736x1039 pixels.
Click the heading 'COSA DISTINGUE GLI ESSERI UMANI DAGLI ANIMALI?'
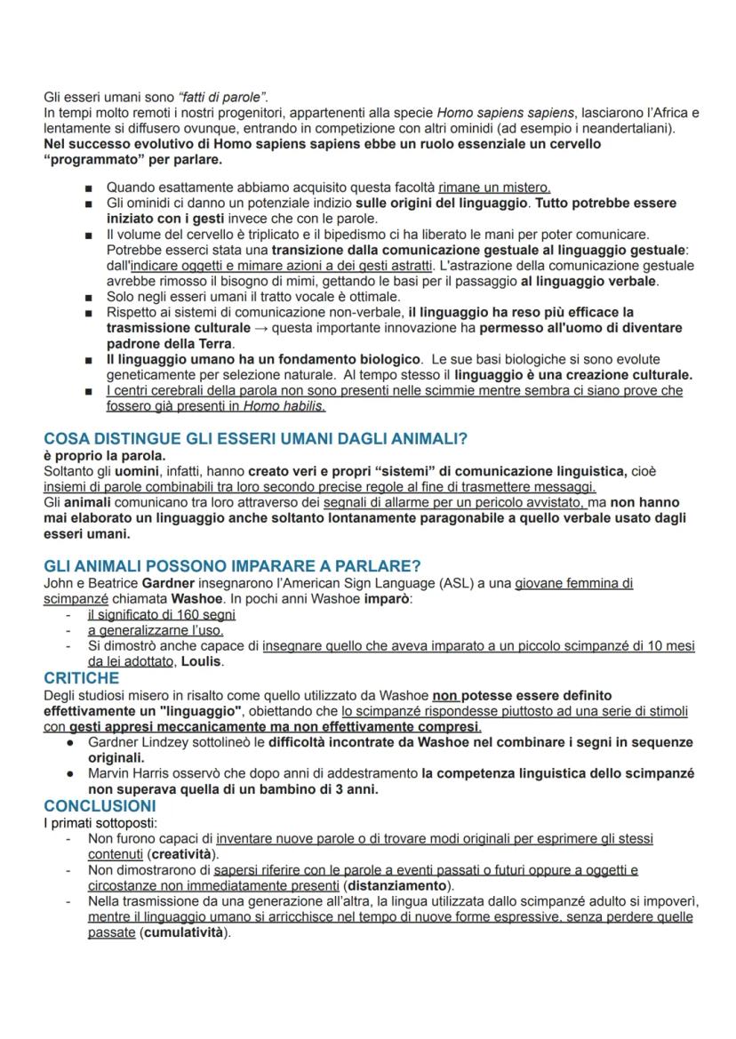coord(255,438)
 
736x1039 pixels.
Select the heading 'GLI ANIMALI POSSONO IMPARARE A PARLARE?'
coord(232,566)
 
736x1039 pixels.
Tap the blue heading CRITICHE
coord(81,678)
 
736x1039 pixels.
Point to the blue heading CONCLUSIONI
coord(100,806)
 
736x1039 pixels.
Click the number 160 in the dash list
coord(169,614)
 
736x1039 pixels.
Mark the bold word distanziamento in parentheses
coord(397,886)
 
